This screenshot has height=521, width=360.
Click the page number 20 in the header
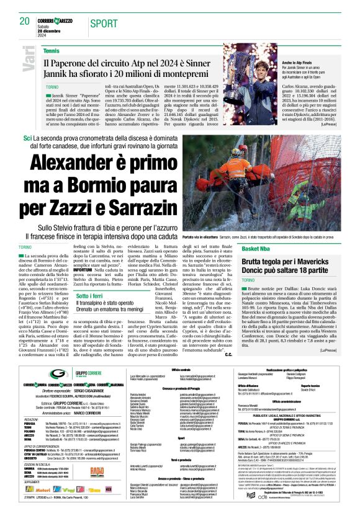point(24,22)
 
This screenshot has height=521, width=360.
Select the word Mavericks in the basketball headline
point(318,261)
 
